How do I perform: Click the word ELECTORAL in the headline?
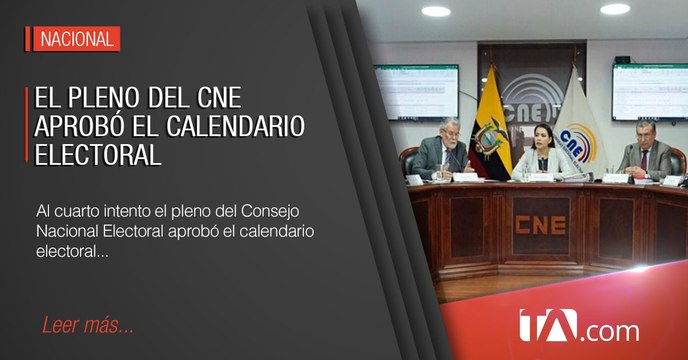(x=98, y=156)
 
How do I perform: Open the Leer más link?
(x=88, y=327)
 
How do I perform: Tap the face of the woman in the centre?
(x=527, y=132)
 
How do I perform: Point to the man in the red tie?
(x=647, y=148)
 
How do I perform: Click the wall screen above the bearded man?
(x=416, y=91)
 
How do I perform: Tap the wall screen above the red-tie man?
(x=649, y=91)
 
